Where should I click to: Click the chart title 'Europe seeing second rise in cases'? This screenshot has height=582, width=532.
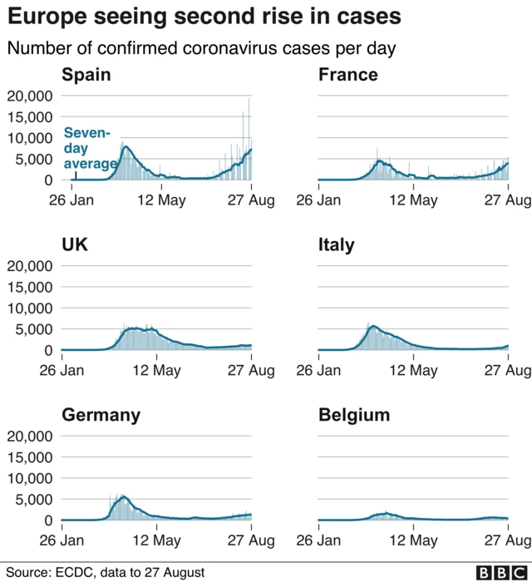click(x=204, y=16)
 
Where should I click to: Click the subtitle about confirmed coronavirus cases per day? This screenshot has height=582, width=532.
click(x=200, y=48)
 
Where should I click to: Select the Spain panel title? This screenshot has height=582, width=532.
click(x=86, y=76)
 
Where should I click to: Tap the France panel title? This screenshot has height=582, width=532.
click(x=347, y=76)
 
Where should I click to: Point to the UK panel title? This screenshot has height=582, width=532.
click(x=75, y=245)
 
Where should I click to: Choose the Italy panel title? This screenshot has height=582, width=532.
click(x=336, y=245)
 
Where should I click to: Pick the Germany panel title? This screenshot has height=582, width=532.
click(x=101, y=416)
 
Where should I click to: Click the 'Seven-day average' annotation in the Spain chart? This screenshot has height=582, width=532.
click(x=89, y=148)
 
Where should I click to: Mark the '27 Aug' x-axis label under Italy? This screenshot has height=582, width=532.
click(x=507, y=371)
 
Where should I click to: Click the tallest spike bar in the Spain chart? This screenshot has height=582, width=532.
click(x=248, y=100)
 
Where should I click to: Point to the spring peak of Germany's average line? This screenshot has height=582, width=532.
click(x=124, y=497)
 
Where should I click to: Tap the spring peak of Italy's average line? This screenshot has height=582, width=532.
click(x=372, y=327)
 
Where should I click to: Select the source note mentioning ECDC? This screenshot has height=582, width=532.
click(x=105, y=572)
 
